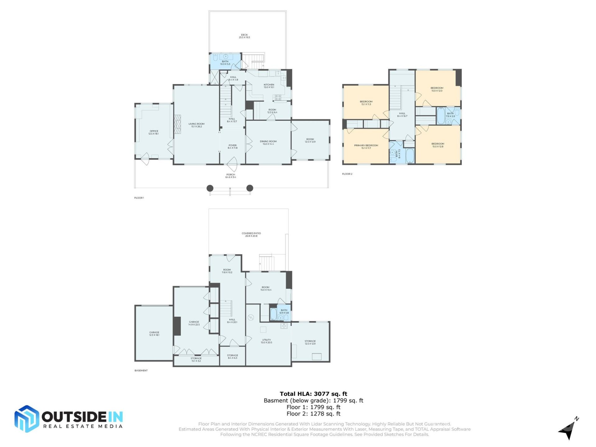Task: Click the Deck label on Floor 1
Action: click(x=244, y=36)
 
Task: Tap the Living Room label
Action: click(x=196, y=125)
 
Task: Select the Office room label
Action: click(x=154, y=132)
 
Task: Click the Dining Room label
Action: click(x=268, y=142)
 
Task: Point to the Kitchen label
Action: click(x=269, y=86)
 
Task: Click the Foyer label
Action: click(x=233, y=147)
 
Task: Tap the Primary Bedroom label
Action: click(x=366, y=147)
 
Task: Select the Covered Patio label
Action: click(x=251, y=234)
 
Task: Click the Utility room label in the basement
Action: click(x=266, y=341)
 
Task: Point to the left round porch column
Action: click(x=210, y=188)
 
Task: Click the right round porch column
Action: click(x=250, y=188)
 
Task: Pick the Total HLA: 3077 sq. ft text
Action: click(x=313, y=394)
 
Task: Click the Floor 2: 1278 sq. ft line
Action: click(x=313, y=414)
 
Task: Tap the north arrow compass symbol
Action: click(x=569, y=429)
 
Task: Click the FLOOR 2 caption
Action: click(x=347, y=174)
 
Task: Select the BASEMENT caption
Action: click(x=141, y=371)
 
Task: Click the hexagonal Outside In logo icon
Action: click(x=27, y=419)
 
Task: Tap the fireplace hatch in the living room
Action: click(x=177, y=124)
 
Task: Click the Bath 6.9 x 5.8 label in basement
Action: click(x=284, y=311)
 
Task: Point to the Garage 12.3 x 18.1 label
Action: click(x=154, y=334)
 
